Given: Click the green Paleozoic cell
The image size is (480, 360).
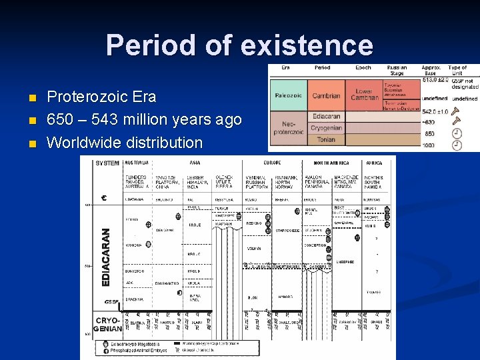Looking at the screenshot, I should (x=287, y=95).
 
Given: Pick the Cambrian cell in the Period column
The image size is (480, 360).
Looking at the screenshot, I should (x=326, y=95).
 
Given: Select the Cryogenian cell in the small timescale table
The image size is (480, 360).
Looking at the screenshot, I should (x=326, y=128).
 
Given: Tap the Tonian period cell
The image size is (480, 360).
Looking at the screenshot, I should (x=326, y=139).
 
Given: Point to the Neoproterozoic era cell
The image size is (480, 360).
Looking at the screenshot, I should (x=287, y=128).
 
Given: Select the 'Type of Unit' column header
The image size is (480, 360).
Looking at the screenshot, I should (x=457, y=71).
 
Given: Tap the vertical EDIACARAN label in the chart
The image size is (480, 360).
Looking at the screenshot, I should (x=105, y=257).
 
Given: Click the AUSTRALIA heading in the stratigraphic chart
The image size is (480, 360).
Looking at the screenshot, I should (x=137, y=163).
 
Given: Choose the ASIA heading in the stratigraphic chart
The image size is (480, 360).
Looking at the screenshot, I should (x=195, y=163).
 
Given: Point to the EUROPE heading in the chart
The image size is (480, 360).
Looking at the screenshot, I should (x=272, y=163).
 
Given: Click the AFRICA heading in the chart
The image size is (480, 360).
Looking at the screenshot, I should (x=374, y=163).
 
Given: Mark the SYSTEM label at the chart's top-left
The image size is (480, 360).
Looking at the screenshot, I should (x=107, y=163).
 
